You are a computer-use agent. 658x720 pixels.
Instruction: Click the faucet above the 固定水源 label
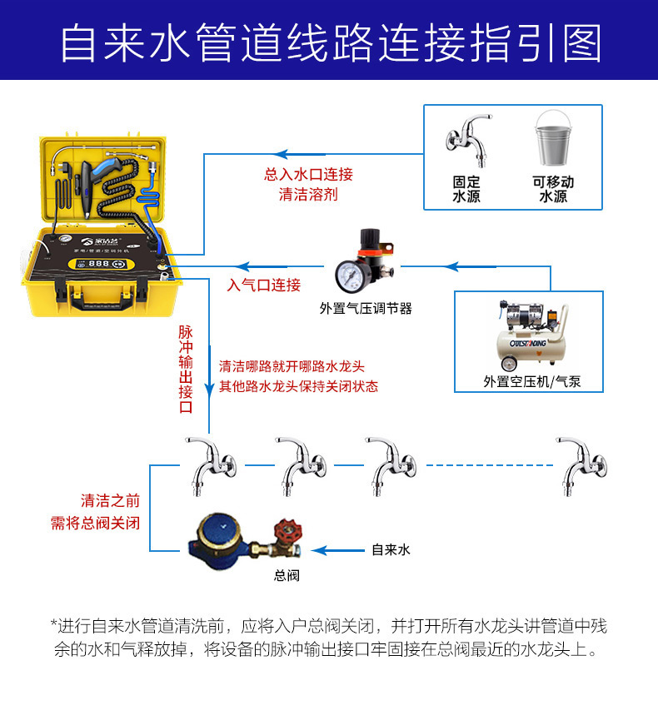[x=469, y=140]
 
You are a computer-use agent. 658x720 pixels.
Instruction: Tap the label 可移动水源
[x=553, y=189]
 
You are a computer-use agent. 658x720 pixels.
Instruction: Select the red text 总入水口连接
[x=308, y=175]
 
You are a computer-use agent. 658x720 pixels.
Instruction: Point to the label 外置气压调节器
[x=366, y=309]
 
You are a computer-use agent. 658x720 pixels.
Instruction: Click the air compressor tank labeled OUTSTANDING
[x=531, y=345]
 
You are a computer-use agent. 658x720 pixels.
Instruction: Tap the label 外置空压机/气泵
[x=532, y=381]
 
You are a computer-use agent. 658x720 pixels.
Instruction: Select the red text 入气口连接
[x=264, y=286]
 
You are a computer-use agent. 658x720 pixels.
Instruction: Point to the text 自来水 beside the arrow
[x=391, y=549]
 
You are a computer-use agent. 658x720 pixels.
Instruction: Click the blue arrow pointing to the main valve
[x=338, y=550]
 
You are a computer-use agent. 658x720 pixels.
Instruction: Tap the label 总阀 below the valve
[x=287, y=576]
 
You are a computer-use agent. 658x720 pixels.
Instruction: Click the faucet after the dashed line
[x=581, y=466]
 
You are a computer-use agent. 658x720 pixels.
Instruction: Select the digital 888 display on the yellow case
[x=99, y=264]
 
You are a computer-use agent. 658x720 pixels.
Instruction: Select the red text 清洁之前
[x=110, y=501]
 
